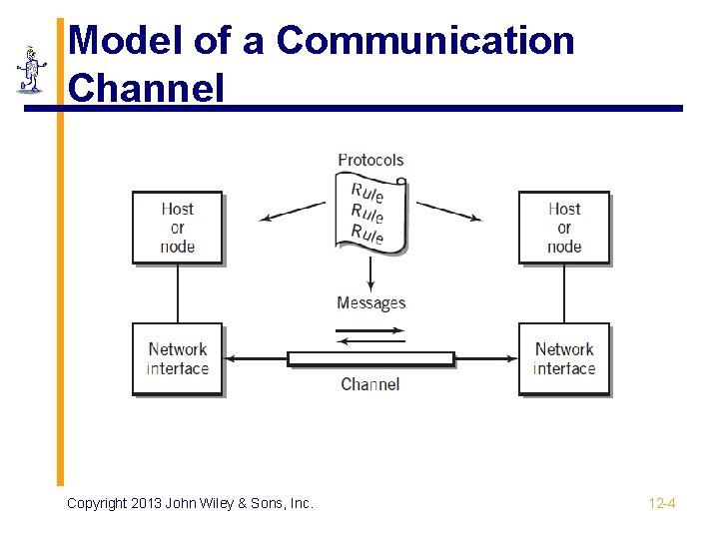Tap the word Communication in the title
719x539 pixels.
point(425,42)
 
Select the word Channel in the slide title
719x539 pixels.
point(147,88)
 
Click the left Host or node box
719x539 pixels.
point(177,228)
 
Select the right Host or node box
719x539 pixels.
point(564,228)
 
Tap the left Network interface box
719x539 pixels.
point(177,358)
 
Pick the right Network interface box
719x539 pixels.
point(564,358)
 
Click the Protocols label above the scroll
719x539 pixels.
point(370,160)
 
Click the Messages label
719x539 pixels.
point(370,302)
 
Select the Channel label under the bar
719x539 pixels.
point(369,384)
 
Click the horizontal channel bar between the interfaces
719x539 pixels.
point(370,358)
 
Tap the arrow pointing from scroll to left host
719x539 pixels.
point(292,212)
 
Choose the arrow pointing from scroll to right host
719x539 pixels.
point(449,212)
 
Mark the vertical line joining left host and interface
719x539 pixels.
point(178,293)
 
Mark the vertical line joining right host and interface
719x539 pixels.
point(564,293)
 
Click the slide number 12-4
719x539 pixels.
point(661,503)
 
